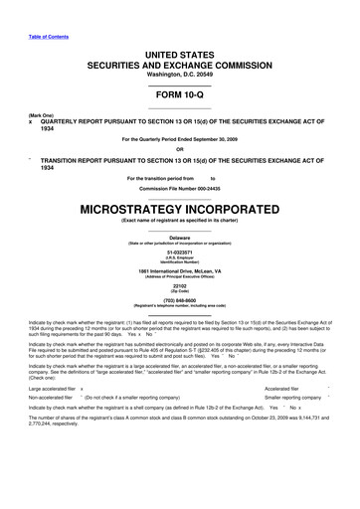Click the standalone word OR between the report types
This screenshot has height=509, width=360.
tap(179, 151)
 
